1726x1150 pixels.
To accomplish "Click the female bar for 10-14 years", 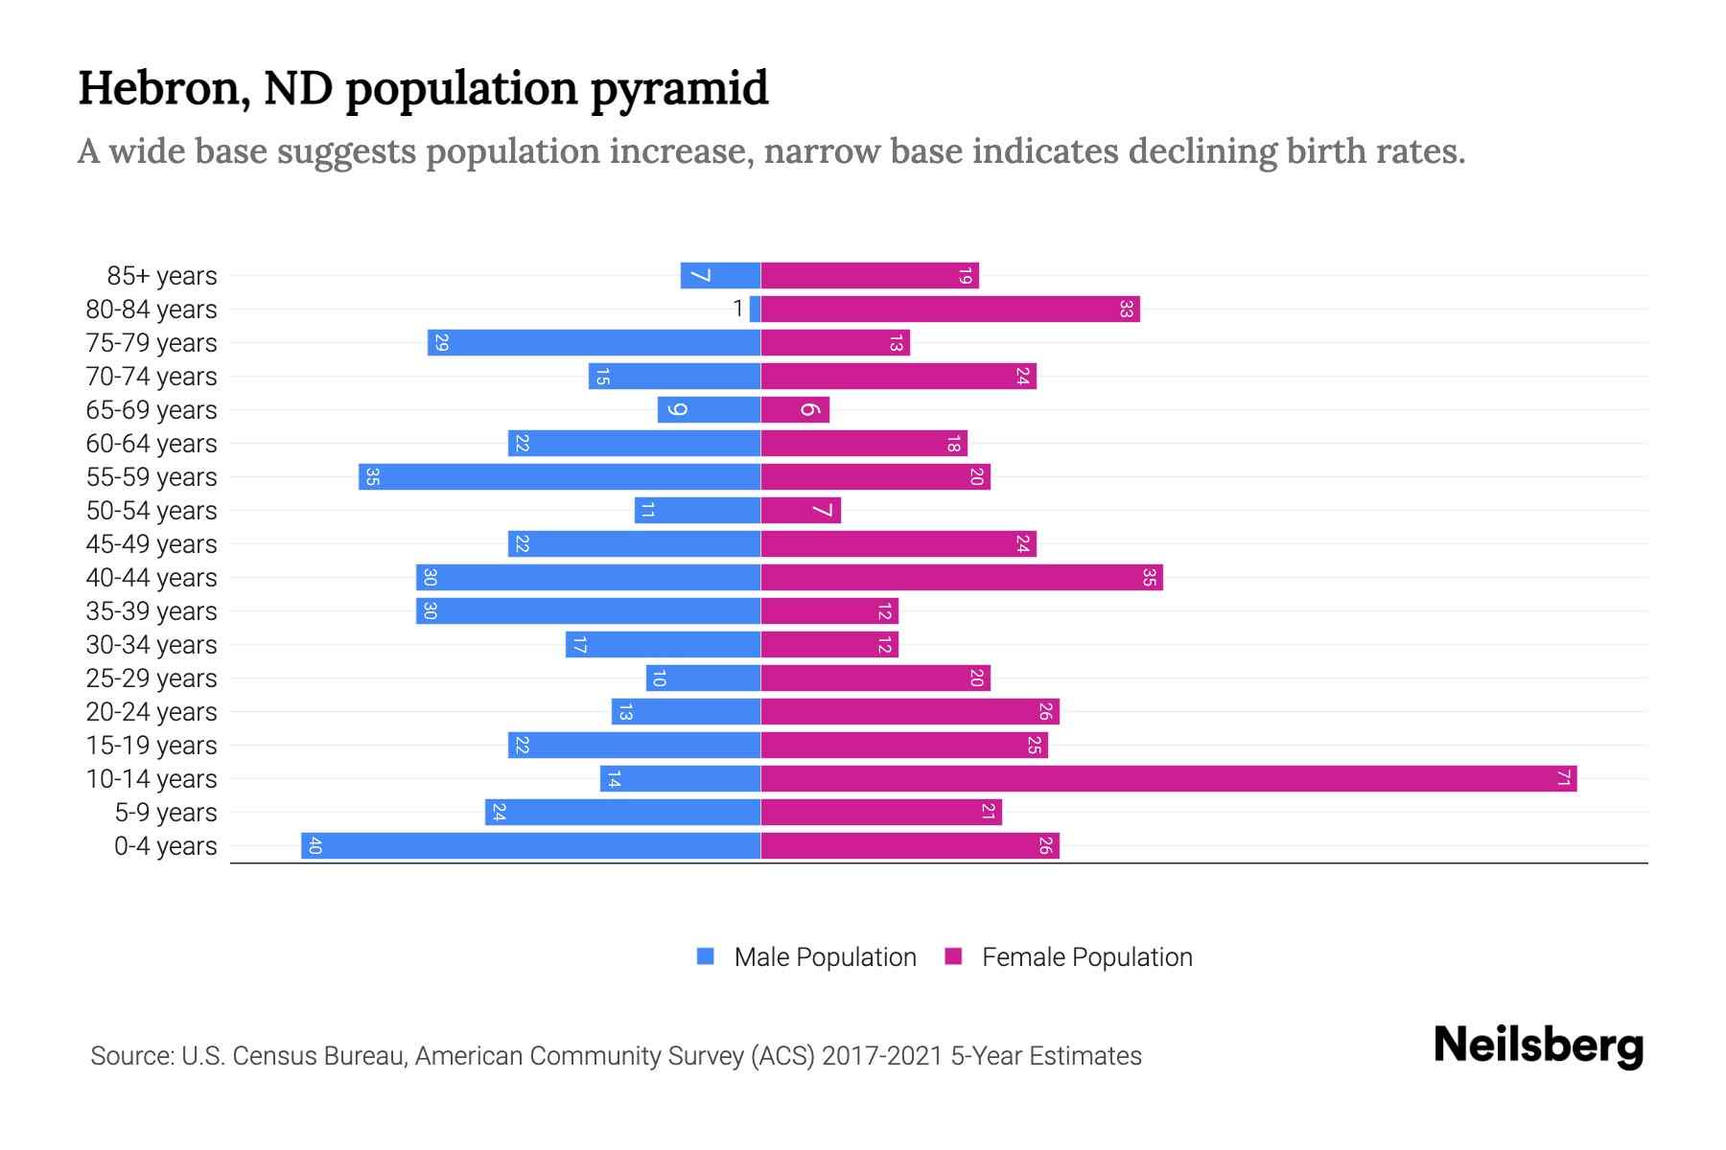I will click(1168, 779).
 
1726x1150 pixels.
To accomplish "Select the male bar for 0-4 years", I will click(530, 846).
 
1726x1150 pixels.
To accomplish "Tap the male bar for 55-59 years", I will click(559, 477).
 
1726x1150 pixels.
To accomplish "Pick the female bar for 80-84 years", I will click(949, 310).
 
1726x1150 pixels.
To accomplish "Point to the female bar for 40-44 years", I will click(961, 578).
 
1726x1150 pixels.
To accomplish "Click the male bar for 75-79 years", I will click(594, 343).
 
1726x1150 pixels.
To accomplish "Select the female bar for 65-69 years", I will click(795, 410).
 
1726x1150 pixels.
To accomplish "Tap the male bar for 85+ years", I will click(720, 276).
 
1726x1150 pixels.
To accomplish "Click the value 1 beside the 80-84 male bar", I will click(737, 309).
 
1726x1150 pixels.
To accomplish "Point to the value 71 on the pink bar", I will click(1563, 779).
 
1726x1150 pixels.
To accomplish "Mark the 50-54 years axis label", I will click(152, 511).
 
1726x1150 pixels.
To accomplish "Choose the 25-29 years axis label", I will click(152, 678).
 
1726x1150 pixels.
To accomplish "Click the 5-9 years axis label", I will click(166, 813).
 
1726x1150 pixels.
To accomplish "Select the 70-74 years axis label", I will click(152, 377).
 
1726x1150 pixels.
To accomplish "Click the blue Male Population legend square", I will click(706, 956).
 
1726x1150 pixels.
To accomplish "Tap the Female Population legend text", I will click(1086, 957).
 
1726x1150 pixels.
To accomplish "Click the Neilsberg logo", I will click(1538, 1046).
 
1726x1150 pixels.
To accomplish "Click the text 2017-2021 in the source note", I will click(882, 1056).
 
